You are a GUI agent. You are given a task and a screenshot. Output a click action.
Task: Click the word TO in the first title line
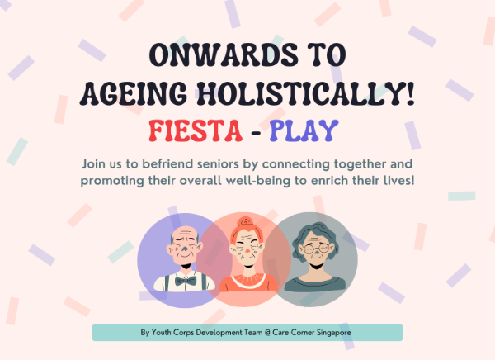(x=327, y=57)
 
